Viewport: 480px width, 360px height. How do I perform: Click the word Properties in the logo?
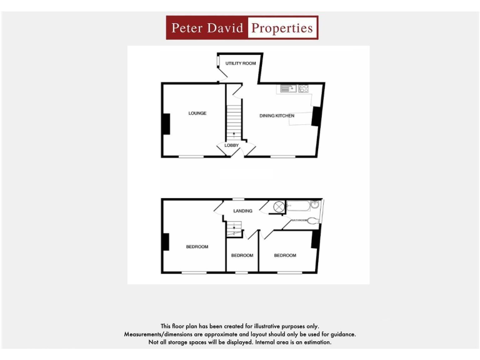[x=281, y=28]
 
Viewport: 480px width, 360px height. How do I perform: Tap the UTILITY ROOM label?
[x=241, y=64]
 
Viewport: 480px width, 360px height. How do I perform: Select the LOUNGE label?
[x=197, y=113]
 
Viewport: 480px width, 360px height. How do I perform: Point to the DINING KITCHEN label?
[x=277, y=116]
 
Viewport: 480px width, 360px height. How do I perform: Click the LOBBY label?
[x=232, y=146]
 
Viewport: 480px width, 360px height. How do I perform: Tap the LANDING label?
[x=242, y=211]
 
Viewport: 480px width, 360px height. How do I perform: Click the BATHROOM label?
[x=298, y=221]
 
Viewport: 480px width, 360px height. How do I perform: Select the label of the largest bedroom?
[x=197, y=247]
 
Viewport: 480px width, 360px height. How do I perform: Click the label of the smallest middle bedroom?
[x=242, y=255]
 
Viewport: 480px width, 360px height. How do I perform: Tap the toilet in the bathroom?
[x=313, y=219]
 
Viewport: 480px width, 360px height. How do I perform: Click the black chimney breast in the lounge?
[x=166, y=123]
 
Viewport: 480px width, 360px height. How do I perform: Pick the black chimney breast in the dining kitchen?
[x=316, y=116]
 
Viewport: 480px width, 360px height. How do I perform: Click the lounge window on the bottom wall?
[x=191, y=156]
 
